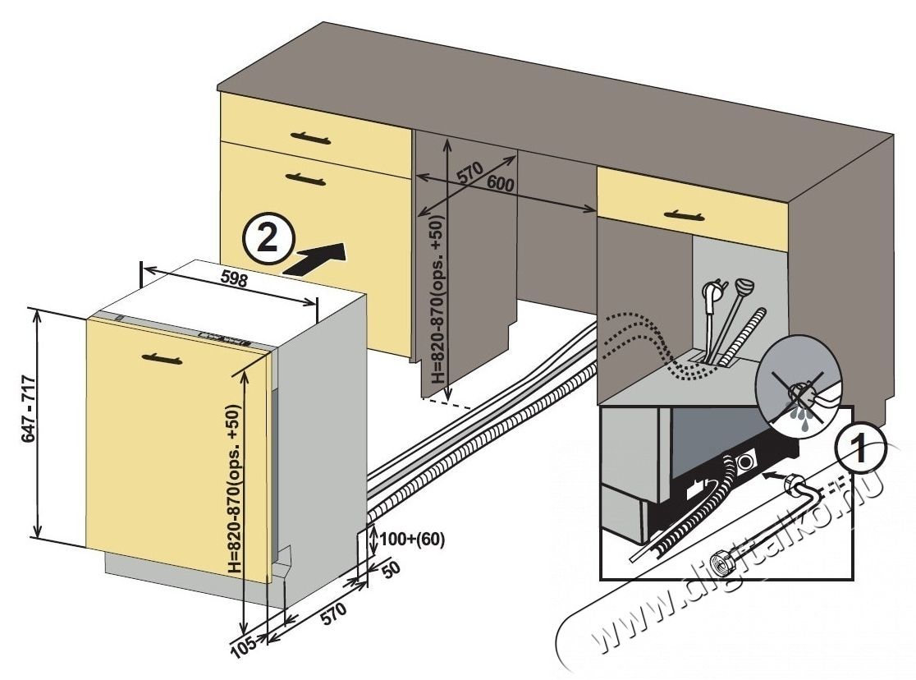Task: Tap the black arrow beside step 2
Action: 318,257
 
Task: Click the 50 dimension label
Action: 395,570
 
